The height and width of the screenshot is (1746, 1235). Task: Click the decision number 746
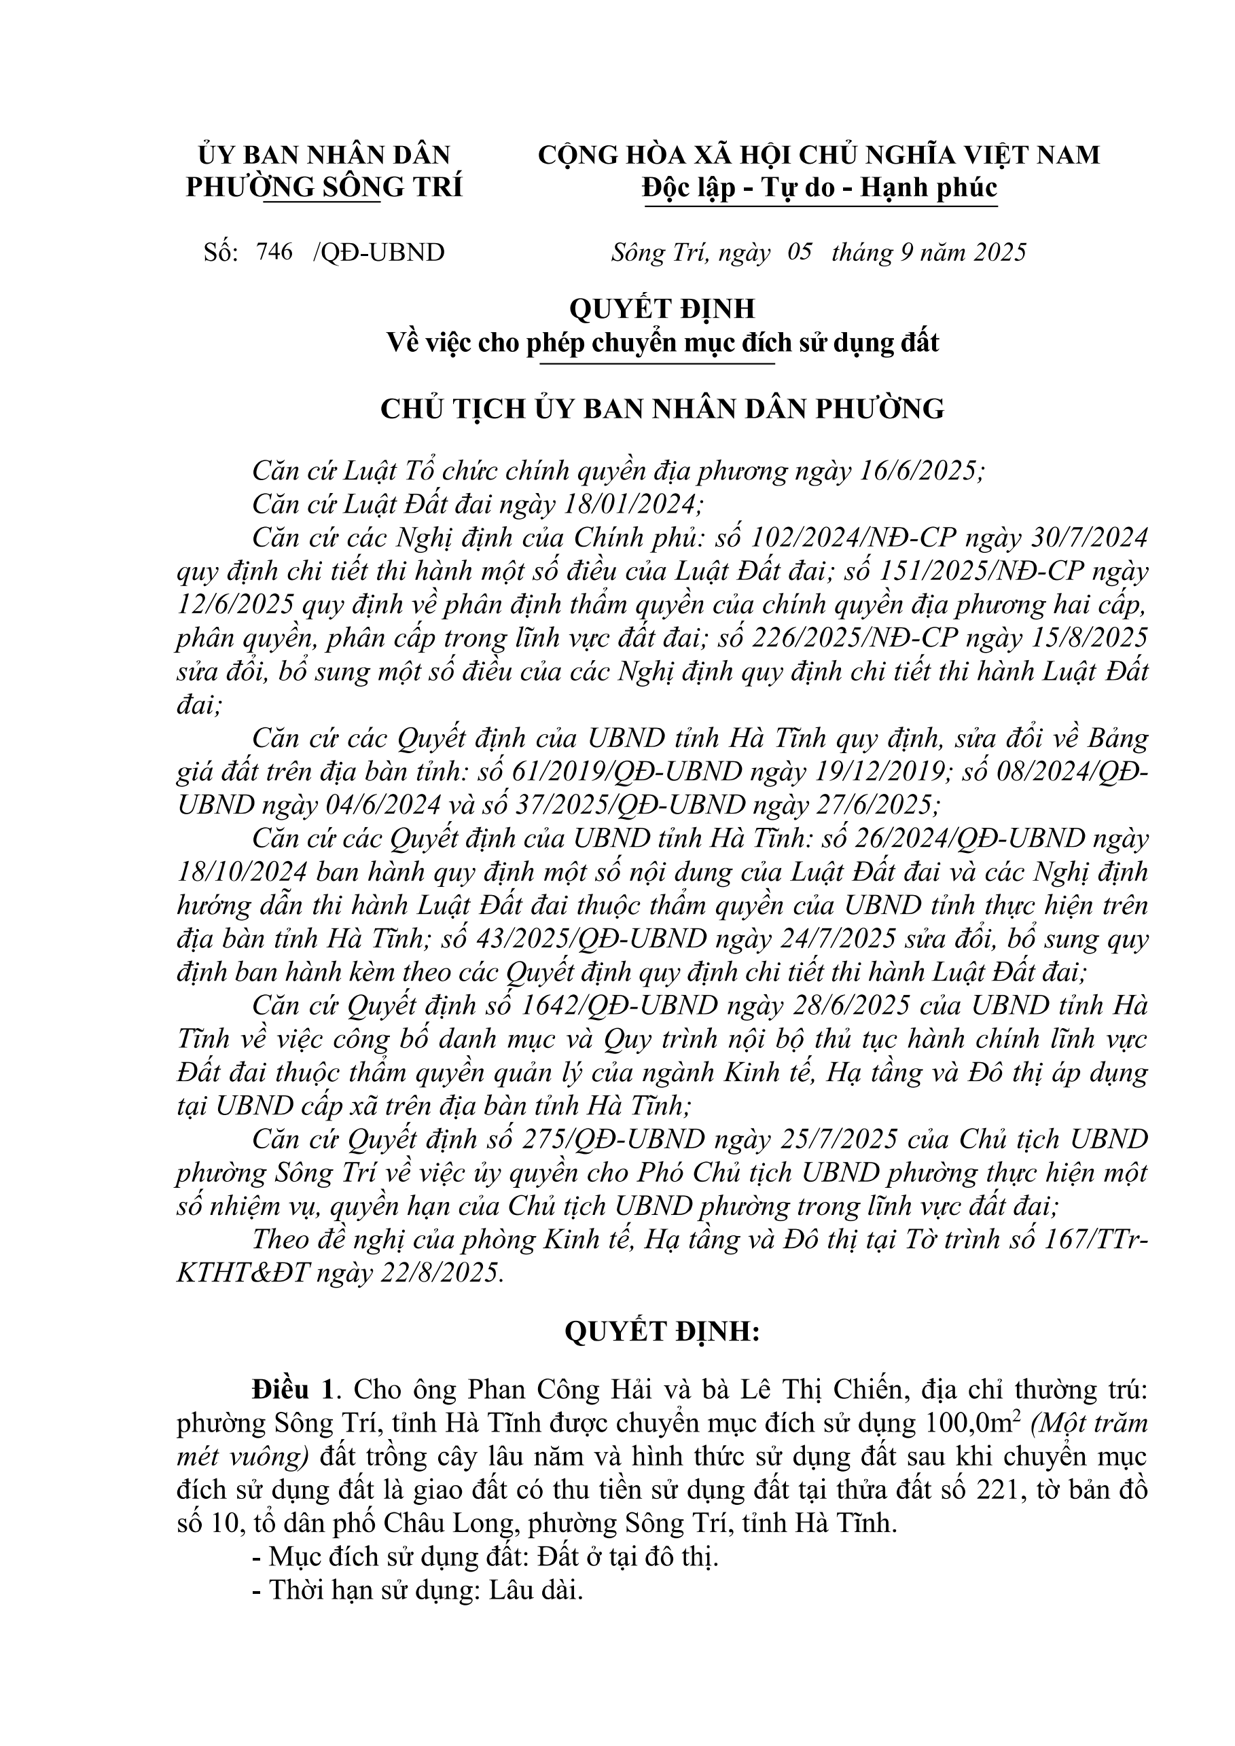(x=274, y=252)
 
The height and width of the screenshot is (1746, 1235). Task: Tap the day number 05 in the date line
(x=800, y=252)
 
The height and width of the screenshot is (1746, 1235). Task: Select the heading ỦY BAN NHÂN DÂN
(x=324, y=155)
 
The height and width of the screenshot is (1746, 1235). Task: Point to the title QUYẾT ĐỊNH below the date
(x=662, y=309)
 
